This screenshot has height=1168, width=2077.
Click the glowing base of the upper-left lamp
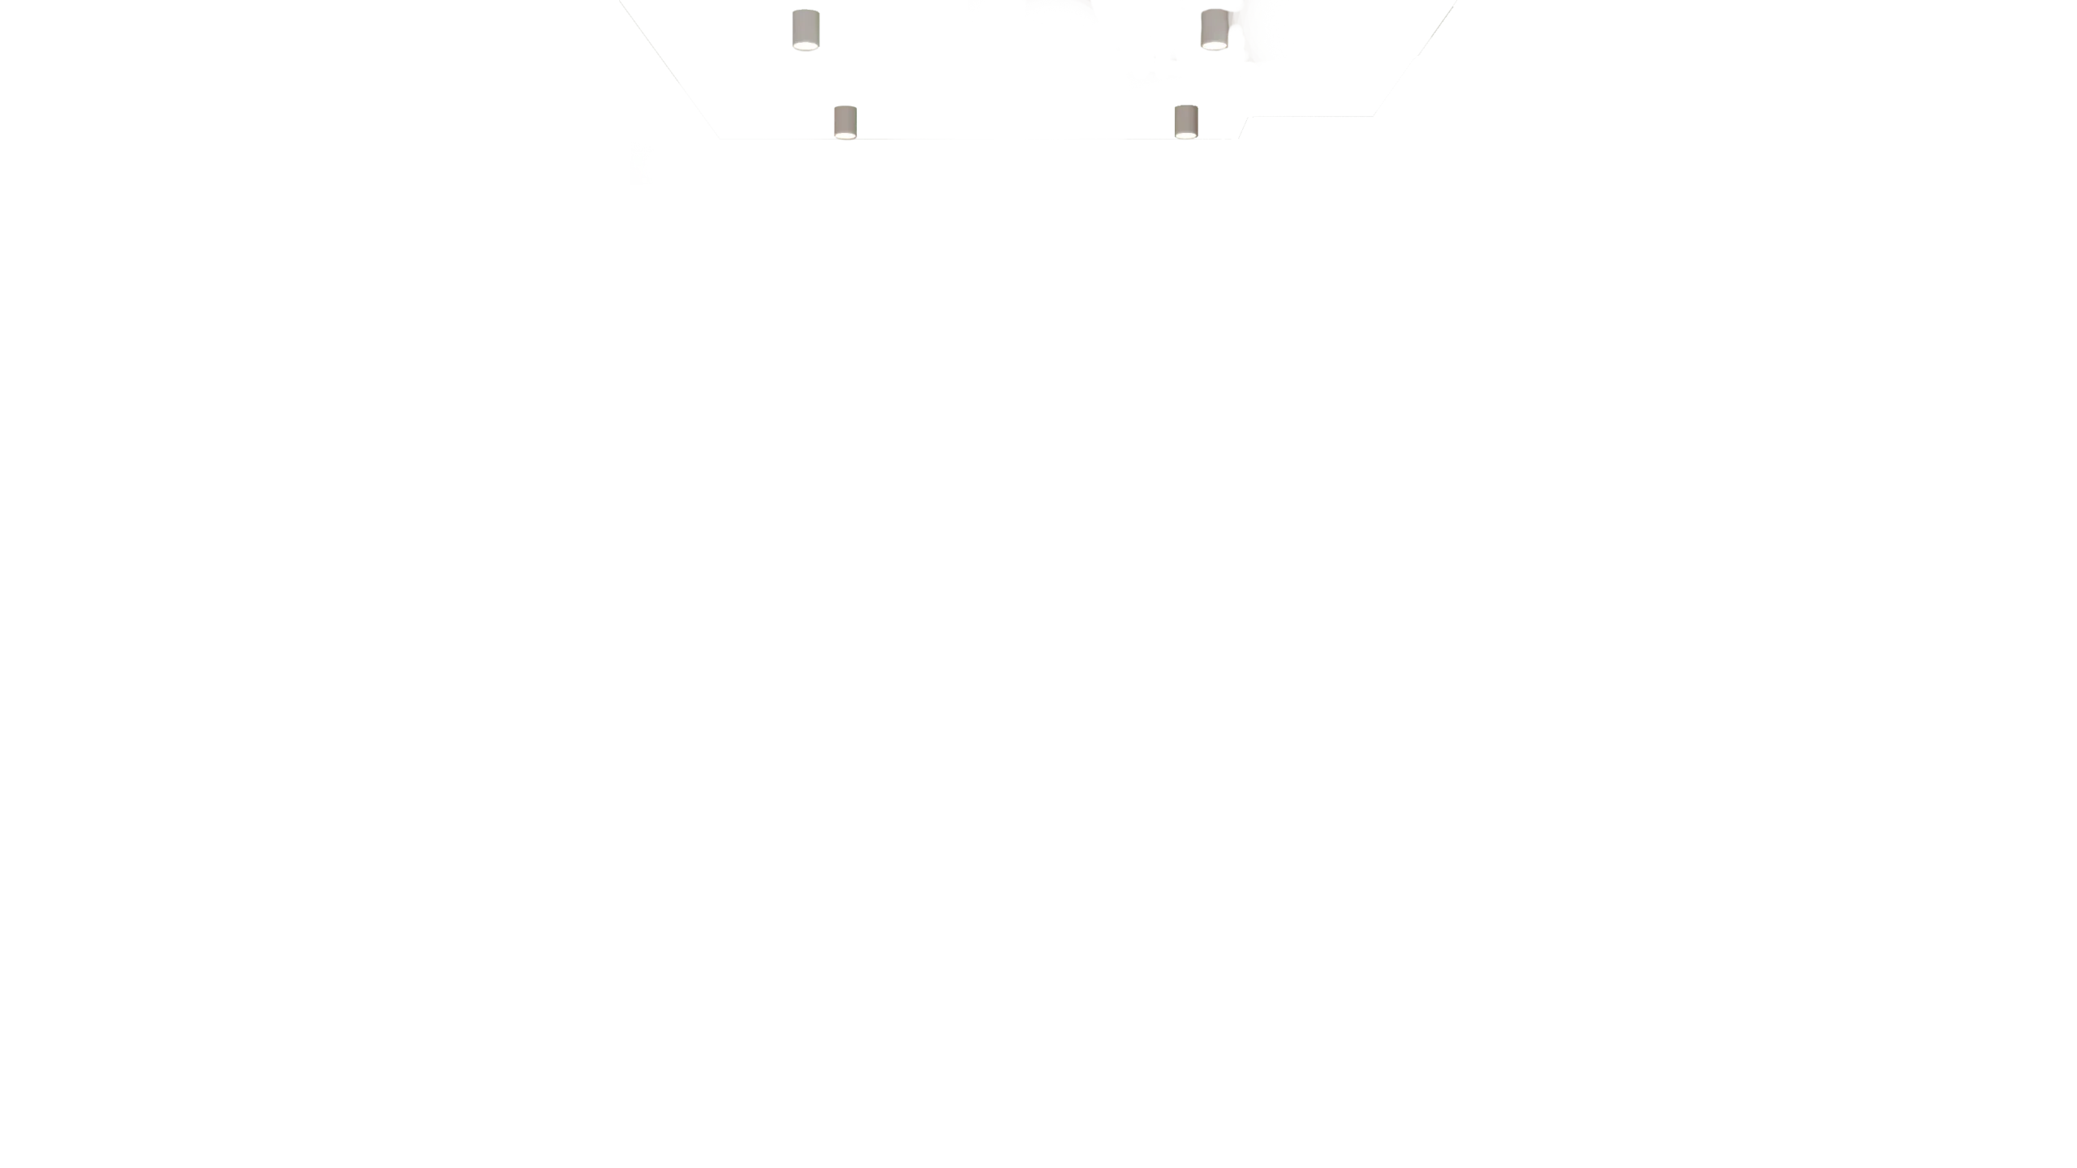pyautogui.click(x=806, y=48)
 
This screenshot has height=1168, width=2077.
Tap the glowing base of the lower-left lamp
pyautogui.click(x=845, y=135)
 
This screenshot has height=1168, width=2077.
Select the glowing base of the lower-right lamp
pyautogui.click(x=1185, y=135)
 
